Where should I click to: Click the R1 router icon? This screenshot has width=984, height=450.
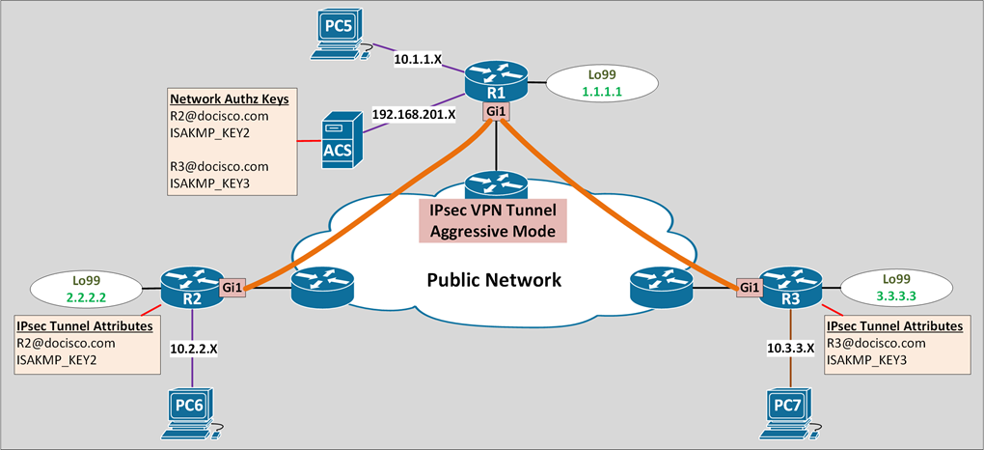coord(496,80)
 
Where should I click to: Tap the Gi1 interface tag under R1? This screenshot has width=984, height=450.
coord(496,112)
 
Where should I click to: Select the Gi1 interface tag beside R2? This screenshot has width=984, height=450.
coord(232,287)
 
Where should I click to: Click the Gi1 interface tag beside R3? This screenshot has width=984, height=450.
coord(750,287)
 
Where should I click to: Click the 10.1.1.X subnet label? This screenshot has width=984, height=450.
coord(418,59)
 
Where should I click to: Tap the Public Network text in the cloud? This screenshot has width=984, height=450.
coord(494,280)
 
